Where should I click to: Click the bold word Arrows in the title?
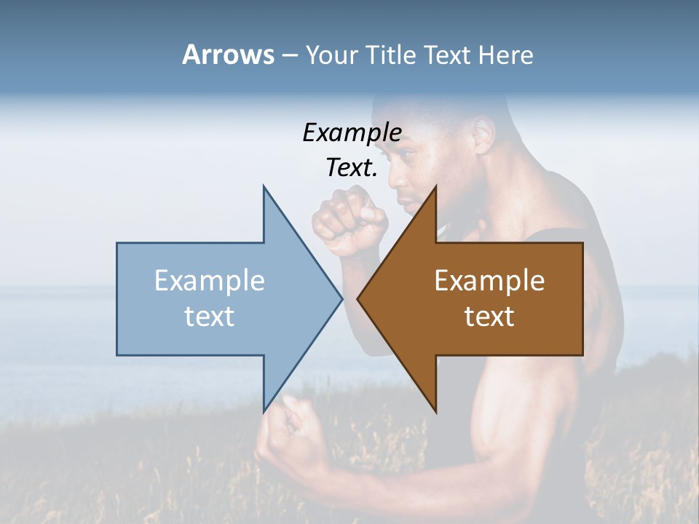[228, 55]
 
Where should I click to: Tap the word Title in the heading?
[392, 55]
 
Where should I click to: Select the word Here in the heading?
[506, 55]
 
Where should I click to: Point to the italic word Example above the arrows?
[352, 132]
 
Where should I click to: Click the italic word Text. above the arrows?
[352, 167]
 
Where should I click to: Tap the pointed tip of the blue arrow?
[341, 298]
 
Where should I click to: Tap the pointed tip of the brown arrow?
[358, 298]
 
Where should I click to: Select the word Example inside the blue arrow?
[210, 281]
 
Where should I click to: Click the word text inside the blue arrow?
[210, 316]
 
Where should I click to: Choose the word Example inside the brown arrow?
[489, 281]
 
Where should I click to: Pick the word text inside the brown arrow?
[489, 316]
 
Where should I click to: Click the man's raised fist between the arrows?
[348, 218]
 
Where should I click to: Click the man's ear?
[483, 135]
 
